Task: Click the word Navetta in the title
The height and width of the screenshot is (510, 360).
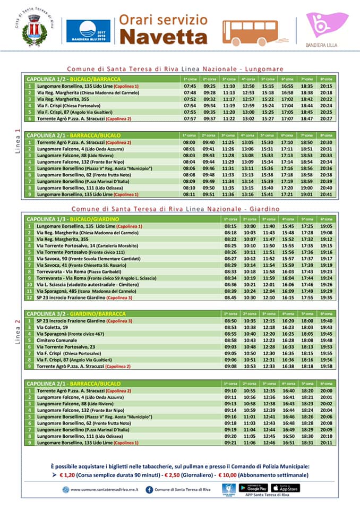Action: tap(163, 36)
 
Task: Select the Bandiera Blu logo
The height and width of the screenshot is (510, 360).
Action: tap(88, 31)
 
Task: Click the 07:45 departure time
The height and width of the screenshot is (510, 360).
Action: tap(190, 86)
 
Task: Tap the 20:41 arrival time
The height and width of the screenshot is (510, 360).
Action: tap(327, 194)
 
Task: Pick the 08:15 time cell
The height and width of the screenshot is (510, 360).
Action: tap(230, 226)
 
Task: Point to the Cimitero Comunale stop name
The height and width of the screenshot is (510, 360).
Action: tap(57, 340)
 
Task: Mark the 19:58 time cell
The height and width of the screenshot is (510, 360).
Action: tap(327, 366)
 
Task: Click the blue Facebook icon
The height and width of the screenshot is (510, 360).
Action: tap(149, 490)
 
